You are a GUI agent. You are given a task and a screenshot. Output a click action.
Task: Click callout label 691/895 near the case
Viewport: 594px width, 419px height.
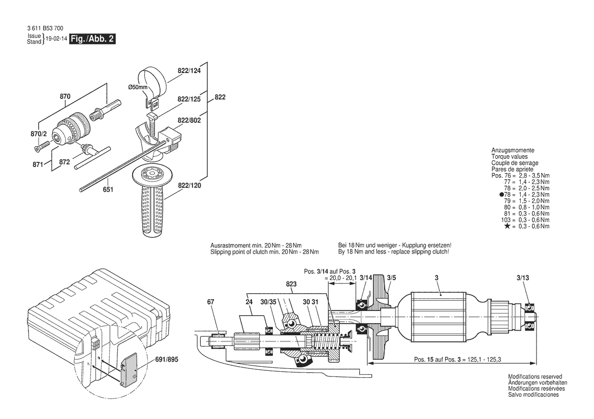168,359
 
